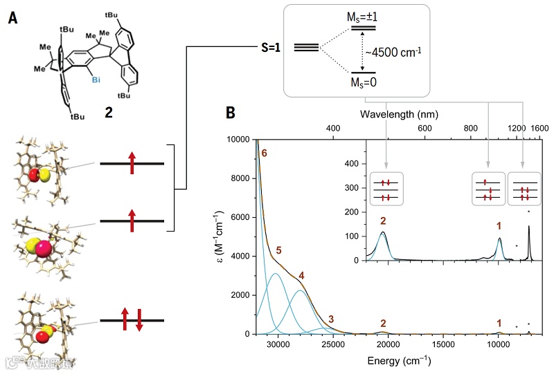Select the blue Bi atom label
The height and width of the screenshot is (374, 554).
point(98,81)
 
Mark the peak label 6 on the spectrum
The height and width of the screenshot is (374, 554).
point(265,153)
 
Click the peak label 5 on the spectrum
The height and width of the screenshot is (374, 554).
point(278,250)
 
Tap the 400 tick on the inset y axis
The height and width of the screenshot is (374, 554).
point(357,163)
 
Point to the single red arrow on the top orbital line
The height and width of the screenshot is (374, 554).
point(132,164)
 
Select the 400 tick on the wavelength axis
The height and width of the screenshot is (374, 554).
point(332,129)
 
